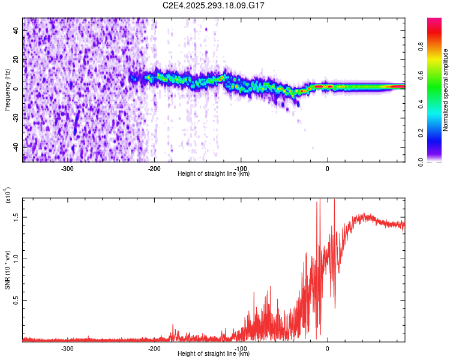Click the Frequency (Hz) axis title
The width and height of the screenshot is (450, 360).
click(x=7, y=90)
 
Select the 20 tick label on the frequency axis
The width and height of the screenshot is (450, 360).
click(x=17, y=59)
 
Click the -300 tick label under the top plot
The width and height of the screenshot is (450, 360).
click(x=67, y=169)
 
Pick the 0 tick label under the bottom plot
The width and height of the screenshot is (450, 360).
click(x=328, y=349)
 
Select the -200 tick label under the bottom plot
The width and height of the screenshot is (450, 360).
click(x=154, y=349)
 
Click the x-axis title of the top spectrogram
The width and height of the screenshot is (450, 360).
click(x=214, y=174)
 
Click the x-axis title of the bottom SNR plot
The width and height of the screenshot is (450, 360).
click(x=214, y=354)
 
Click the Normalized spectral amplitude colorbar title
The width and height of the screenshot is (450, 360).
click(x=446, y=90)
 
